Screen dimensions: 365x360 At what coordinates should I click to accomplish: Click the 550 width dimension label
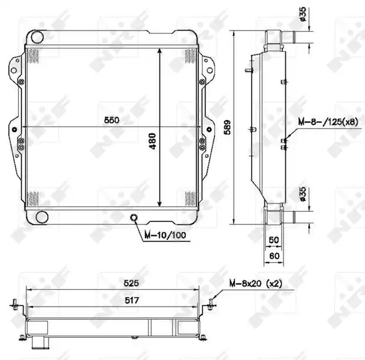point(111,120)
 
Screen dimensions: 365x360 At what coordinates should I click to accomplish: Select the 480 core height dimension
point(153,141)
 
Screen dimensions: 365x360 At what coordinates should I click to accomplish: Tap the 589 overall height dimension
point(227,127)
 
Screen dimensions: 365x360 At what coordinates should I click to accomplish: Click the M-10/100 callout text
point(165,235)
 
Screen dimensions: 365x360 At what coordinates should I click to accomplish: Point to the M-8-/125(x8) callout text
point(328,122)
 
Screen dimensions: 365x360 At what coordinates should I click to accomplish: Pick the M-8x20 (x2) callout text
point(256,283)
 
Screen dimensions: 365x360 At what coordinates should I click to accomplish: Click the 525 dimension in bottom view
point(131,283)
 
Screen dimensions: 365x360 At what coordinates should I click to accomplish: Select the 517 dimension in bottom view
point(132,301)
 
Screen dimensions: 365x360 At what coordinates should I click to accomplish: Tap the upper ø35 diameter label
point(303,14)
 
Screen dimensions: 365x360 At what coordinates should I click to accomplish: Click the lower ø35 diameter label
point(303,194)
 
